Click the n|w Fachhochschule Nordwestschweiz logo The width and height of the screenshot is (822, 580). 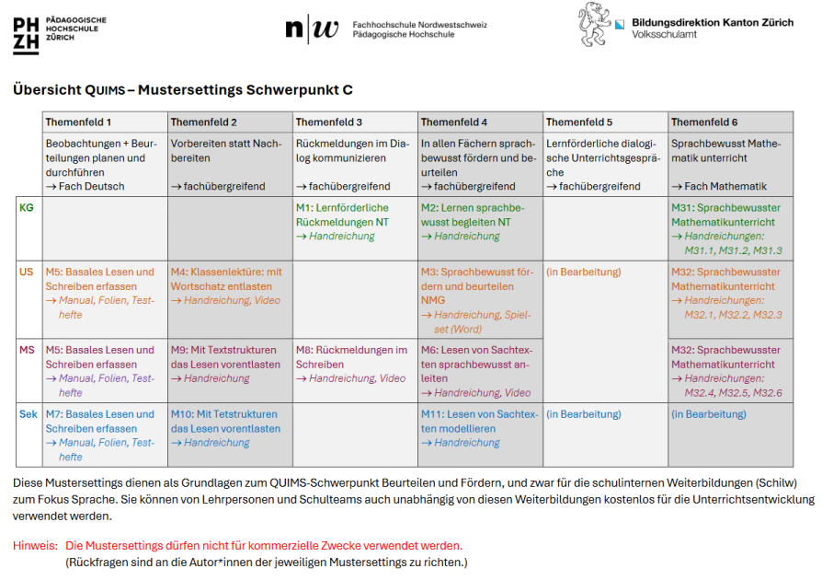[312, 29]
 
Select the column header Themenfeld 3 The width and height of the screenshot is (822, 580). [328, 122]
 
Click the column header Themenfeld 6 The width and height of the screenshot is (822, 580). [703, 122]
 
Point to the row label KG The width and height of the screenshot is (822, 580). [27, 208]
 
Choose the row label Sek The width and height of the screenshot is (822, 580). [29, 414]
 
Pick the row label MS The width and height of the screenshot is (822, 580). [28, 350]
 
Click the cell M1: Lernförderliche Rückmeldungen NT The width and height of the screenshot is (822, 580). [342, 215]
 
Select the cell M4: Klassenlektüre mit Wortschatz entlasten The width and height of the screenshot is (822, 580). [226, 279]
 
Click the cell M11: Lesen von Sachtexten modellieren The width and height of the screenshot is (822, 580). [479, 422]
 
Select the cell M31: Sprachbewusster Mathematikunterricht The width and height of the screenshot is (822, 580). [726, 215]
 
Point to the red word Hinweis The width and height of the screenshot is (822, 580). [35, 546]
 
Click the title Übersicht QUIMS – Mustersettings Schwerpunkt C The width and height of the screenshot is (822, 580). [183, 90]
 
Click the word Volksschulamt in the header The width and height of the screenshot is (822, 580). [664, 34]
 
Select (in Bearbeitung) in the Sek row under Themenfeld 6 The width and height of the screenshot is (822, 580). [708, 414]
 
